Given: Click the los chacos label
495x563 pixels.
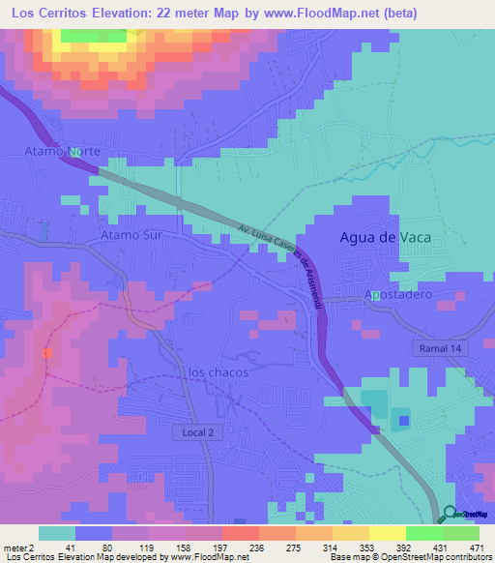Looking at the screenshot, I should pos(211,372).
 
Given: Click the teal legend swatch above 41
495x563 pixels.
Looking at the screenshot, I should pos(57,533).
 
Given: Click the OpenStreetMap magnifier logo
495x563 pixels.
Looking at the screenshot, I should pos(451,514).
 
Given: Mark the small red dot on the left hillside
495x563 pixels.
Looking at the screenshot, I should pos(45,352).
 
